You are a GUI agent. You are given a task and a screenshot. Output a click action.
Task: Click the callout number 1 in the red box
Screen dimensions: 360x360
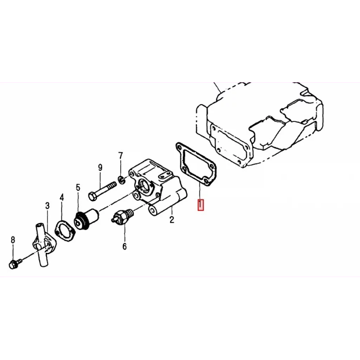pos(201,205)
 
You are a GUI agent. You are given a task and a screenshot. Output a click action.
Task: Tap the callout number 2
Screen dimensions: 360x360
pos(172,219)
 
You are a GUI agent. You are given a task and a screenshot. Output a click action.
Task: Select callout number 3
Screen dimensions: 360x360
pos(47,205)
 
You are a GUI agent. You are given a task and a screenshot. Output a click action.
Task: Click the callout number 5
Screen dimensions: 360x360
pos(78,188)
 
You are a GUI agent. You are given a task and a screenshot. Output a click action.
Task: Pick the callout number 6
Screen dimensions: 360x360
pos(124,246)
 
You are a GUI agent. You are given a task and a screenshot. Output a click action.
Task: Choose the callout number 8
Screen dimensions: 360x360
pos(13,240)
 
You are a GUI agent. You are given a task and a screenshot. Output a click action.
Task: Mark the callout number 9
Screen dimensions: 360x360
pos(100,168)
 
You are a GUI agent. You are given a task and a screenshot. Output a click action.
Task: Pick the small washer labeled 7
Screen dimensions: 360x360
pos(122,180)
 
